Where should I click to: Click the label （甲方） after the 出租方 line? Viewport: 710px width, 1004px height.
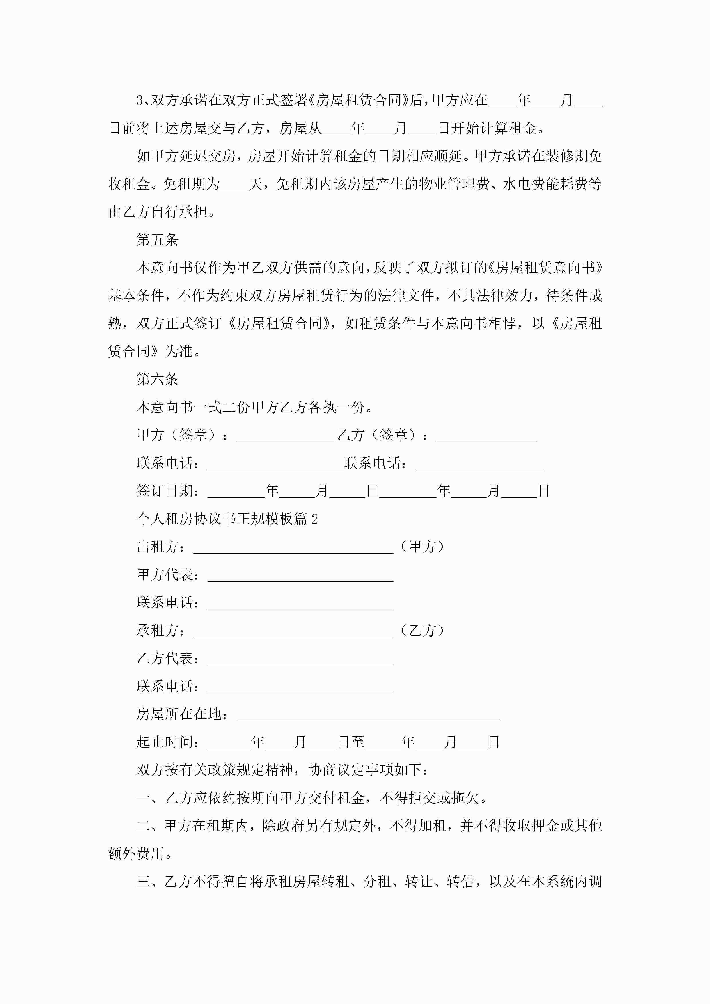[423, 547]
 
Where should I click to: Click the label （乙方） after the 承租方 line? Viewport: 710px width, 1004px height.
[423, 631]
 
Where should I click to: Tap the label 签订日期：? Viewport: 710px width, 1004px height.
[168, 491]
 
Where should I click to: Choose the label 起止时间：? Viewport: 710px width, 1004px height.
[168, 742]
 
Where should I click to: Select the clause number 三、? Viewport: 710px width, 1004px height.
[150, 882]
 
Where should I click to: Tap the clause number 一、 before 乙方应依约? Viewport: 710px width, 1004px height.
[150, 798]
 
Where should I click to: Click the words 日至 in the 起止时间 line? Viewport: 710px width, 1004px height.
[351, 742]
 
